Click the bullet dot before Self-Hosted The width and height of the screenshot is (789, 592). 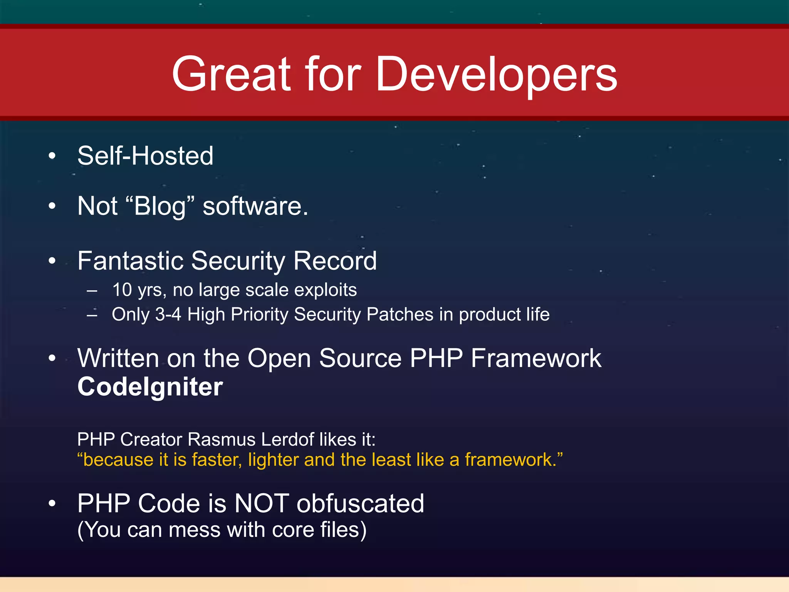click(52, 156)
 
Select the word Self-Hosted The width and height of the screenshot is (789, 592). click(145, 156)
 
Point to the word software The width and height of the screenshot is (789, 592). click(255, 206)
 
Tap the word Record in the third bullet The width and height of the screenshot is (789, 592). click(335, 261)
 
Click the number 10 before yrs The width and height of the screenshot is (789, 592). click(122, 290)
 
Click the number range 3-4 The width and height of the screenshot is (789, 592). click(168, 314)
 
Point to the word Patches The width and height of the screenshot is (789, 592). click(400, 314)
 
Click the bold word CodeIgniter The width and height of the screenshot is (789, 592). click(150, 387)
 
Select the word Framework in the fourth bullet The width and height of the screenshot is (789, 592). click(536, 358)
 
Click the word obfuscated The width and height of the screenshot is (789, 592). click(360, 503)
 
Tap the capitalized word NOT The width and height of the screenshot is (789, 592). click(262, 503)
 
